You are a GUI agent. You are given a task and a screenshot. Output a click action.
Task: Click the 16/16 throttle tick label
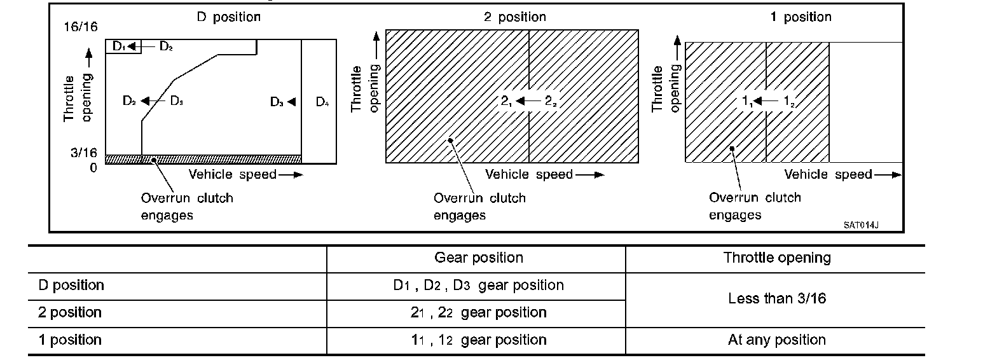click(x=80, y=27)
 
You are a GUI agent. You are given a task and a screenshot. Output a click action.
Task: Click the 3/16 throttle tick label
click(x=84, y=153)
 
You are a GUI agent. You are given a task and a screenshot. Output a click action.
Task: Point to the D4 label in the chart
click(x=322, y=102)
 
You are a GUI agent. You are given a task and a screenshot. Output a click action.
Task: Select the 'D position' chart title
click(x=228, y=17)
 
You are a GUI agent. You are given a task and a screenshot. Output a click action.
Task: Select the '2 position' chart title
click(x=514, y=17)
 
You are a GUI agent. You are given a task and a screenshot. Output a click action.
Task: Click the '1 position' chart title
click(x=801, y=17)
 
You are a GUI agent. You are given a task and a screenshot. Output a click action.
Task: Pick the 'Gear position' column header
click(x=479, y=258)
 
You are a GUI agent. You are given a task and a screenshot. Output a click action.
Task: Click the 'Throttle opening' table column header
click(x=777, y=258)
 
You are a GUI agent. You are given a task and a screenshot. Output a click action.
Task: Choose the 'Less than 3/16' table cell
click(x=777, y=298)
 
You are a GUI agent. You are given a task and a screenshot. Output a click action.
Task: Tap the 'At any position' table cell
click(x=777, y=340)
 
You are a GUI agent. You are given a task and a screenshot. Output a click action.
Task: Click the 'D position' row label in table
click(x=71, y=285)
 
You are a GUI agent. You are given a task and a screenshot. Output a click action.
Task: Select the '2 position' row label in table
click(x=70, y=312)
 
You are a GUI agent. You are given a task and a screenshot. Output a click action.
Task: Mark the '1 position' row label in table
click(x=70, y=340)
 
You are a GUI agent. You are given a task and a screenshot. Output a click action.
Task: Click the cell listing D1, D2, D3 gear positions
click(x=478, y=285)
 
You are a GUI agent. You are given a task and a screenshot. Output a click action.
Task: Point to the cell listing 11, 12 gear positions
click(x=478, y=340)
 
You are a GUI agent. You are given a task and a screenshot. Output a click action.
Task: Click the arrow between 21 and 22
click(x=528, y=101)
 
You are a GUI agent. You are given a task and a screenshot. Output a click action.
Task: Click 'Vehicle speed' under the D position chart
click(x=233, y=174)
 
